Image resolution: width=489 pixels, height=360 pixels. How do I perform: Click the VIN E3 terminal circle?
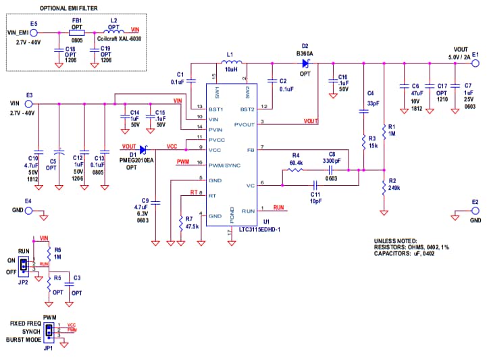[x=28, y=104]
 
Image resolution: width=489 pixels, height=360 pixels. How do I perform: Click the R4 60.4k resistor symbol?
[x=294, y=170]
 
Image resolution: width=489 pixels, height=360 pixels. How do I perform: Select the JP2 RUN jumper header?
[x=24, y=265]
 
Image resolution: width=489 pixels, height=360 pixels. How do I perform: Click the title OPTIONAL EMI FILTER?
[x=66, y=8]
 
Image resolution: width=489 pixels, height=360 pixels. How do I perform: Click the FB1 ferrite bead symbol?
[x=76, y=32]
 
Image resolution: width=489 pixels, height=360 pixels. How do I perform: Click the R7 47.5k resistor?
[x=180, y=222]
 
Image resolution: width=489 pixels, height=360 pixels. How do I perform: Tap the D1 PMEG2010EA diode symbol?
[x=143, y=148]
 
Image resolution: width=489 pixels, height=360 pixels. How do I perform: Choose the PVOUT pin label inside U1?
[x=244, y=124]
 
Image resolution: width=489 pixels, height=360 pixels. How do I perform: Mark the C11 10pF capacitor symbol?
[x=315, y=184]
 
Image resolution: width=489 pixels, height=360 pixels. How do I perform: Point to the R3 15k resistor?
[x=363, y=142]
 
